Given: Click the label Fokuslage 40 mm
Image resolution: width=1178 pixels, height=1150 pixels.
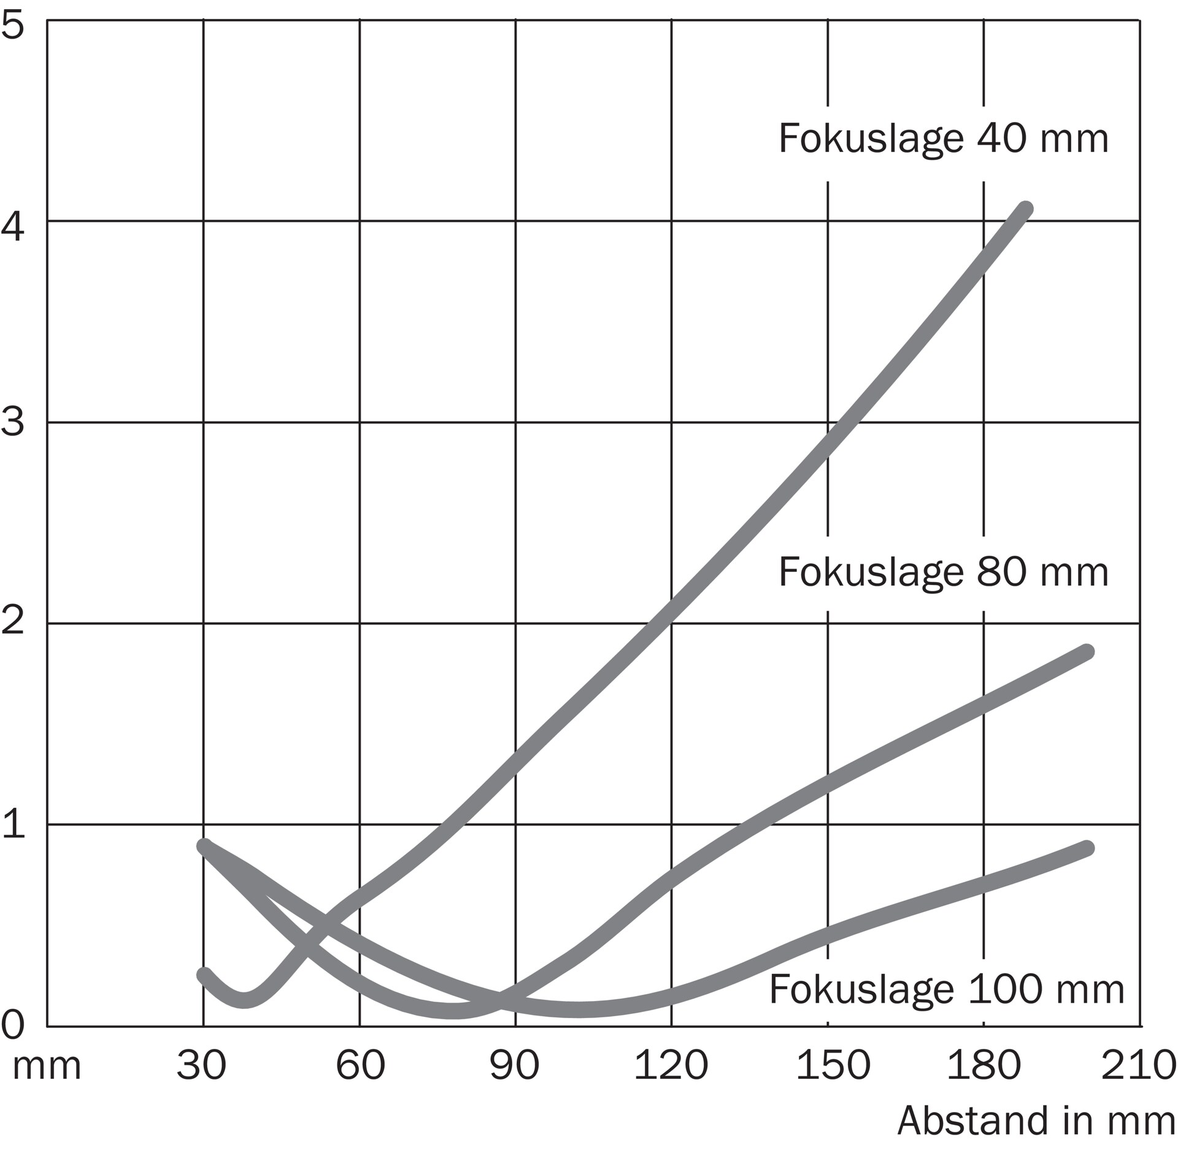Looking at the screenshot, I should pos(943,139).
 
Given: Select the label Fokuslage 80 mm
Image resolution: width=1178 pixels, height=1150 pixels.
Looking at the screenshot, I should pos(943,572).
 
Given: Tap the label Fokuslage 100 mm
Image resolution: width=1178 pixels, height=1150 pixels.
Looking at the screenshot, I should pos(946,989).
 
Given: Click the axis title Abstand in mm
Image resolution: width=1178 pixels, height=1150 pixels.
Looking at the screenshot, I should pos(1036,1121).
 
